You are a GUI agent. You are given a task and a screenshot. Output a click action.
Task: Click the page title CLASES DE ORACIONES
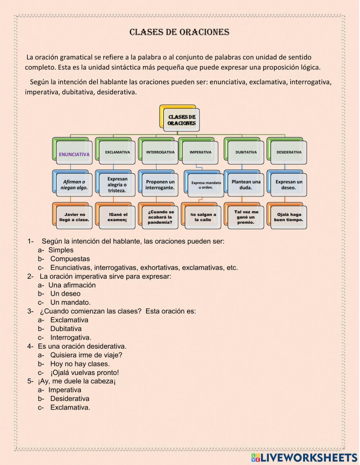[179, 32]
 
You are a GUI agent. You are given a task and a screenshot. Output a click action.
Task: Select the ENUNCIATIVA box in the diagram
[74, 154]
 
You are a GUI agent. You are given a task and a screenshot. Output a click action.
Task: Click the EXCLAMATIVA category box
[117, 152]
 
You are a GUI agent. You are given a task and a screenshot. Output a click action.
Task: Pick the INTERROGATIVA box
[160, 152]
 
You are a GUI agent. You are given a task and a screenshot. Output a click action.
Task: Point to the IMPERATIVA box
[201, 152]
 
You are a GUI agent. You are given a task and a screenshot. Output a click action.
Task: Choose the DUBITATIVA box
[246, 152]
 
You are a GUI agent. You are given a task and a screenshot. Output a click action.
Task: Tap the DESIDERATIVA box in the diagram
[289, 152]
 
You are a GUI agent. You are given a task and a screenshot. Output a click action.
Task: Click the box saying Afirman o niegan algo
[74, 185]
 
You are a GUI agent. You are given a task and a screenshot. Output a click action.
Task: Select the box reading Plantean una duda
[246, 185]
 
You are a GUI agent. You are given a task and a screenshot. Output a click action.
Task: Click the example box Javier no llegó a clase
[74, 217]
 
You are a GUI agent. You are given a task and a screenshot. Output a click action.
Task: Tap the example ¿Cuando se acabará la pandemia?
[160, 217]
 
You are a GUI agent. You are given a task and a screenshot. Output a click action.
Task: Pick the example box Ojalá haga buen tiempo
[289, 217]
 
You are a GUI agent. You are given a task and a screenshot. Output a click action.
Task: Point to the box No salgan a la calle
[203, 217]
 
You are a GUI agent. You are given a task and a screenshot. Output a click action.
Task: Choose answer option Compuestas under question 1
[70, 259]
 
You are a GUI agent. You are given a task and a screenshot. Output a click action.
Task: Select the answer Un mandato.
[70, 303]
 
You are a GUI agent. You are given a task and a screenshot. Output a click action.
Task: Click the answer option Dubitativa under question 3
[66, 328]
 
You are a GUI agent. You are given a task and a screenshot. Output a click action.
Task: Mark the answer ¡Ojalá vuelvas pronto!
[85, 372]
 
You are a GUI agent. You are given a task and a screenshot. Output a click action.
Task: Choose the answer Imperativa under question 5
[65, 390]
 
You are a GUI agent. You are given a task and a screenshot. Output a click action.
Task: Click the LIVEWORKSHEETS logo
[304, 457]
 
